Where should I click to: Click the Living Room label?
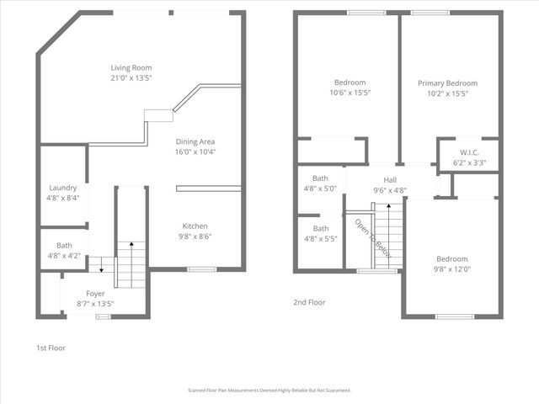(131, 67)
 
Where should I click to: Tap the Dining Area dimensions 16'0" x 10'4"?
(195, 152)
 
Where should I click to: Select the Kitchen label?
(195, 226)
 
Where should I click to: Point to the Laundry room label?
(63, 188)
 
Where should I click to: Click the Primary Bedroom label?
(447, 83)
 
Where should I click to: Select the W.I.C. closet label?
(469, 153)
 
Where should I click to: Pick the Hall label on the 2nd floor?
(390, 180)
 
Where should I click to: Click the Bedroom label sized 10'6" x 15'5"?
(349, 82)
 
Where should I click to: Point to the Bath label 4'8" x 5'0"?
(320, 178)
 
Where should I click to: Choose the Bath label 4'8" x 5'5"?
(320, 228)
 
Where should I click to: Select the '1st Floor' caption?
(51, 348)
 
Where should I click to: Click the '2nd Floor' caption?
(309, 302)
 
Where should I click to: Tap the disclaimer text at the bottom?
(269, 391)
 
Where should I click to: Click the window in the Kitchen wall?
(200, 269)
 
